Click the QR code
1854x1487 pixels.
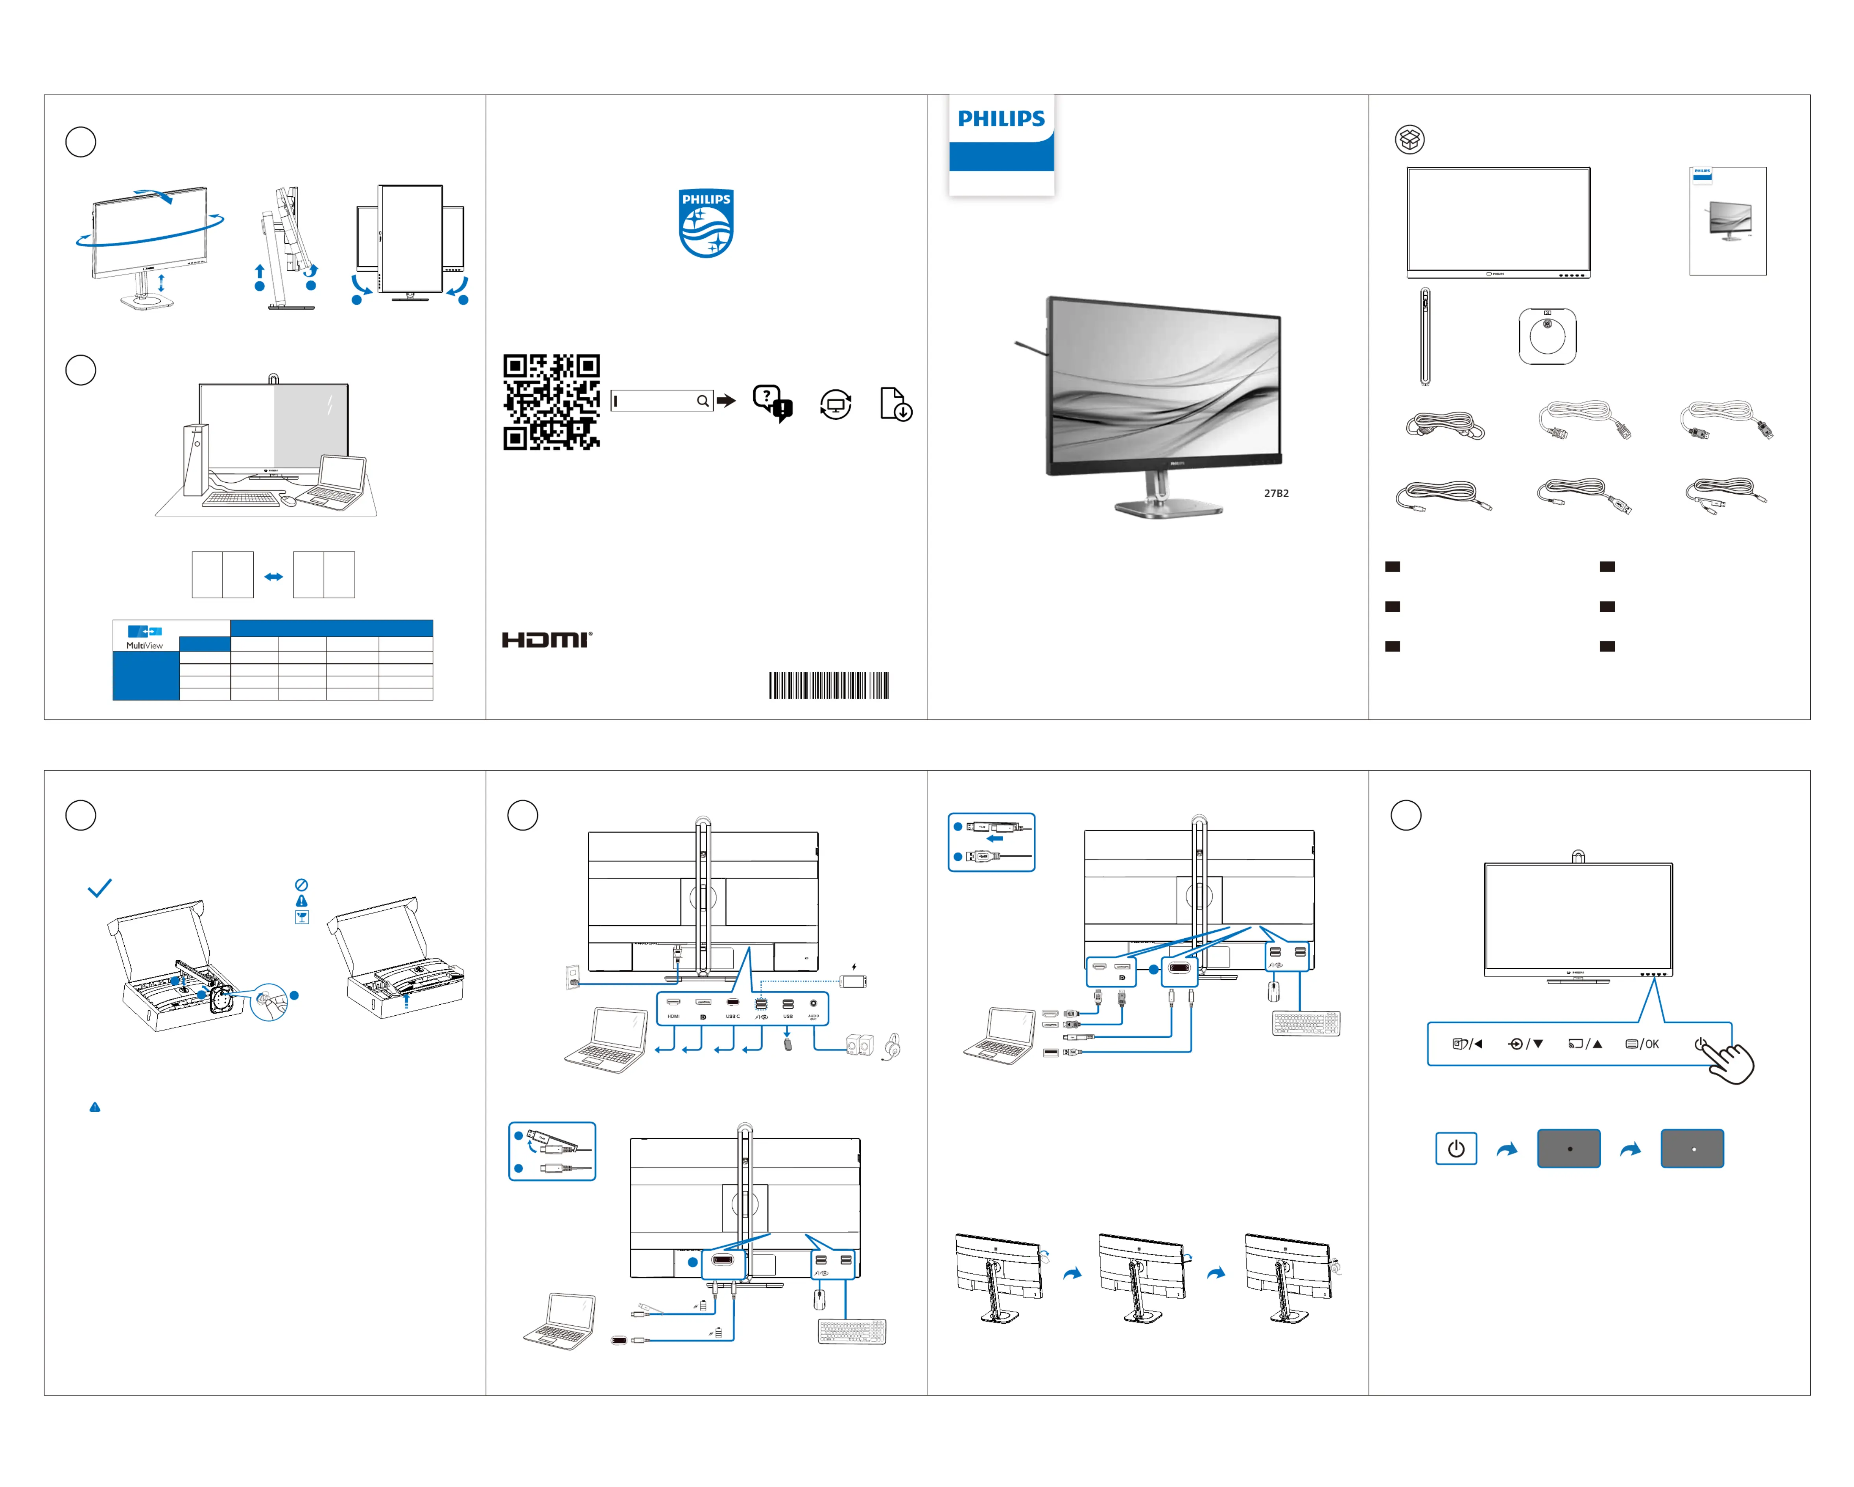point(551,402)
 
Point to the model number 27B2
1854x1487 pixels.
point(1276,494)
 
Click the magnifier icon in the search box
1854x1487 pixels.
point(703,401)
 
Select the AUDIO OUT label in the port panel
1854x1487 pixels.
point(814,1017)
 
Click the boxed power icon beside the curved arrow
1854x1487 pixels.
point(1456,1149)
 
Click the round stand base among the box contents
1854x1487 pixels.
point(1547,336)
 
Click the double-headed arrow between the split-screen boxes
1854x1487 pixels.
point(273,576)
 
